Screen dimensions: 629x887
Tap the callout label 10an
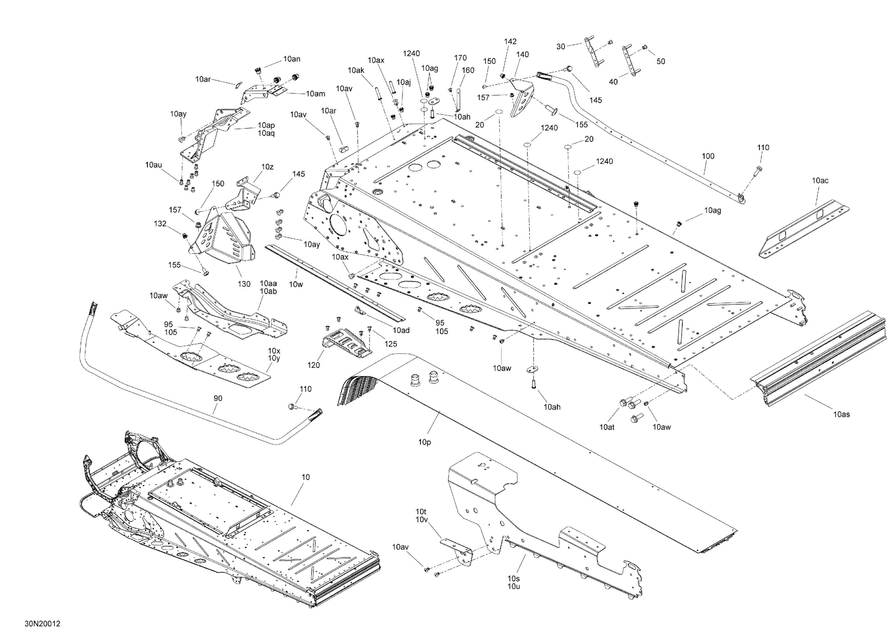point(292,59)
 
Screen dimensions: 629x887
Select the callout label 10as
point(841,415)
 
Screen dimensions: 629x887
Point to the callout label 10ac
point(820,180)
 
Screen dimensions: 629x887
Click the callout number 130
point(244,284)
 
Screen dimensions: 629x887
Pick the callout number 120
point(313,365)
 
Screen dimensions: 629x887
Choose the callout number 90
point(218,398)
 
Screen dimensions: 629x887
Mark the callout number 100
point(708,156)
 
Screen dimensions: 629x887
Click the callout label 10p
point(424,442)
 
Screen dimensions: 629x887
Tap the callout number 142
point(510,41)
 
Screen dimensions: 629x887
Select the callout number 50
point(661,61)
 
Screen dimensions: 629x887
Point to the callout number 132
point(160,223)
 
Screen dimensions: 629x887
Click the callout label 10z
point(267,167)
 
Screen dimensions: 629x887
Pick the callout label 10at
point(607,427)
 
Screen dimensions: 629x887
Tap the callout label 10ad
point(401,330)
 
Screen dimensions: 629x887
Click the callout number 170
point(460,58)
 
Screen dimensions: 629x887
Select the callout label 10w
point(296,284)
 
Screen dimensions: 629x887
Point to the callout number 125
point(391,343)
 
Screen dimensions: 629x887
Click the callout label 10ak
point(356,70)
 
